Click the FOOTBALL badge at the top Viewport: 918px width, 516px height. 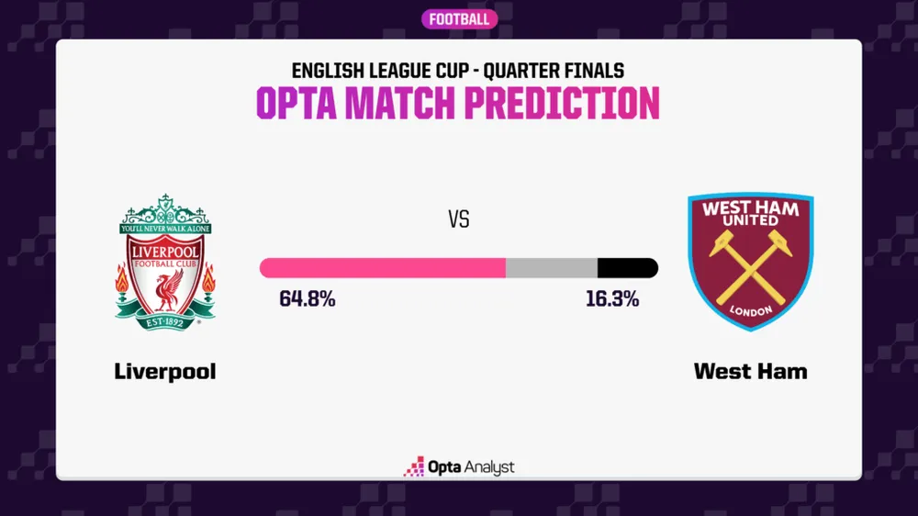point(459,19)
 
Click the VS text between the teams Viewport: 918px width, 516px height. point(459,220)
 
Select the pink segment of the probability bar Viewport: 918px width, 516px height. point(383,268)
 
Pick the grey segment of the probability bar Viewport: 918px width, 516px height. point(552,268)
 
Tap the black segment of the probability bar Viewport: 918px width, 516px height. point(627,268)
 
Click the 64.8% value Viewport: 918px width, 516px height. point(308,299)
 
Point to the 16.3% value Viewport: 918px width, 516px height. point(612,299)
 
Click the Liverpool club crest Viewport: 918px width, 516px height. point(165,263)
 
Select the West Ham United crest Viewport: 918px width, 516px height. point(751,263)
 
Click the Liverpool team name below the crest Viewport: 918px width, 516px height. point(165,372)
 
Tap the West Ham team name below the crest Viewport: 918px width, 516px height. point(751,372)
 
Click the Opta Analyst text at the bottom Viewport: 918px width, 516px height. point(471,467)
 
